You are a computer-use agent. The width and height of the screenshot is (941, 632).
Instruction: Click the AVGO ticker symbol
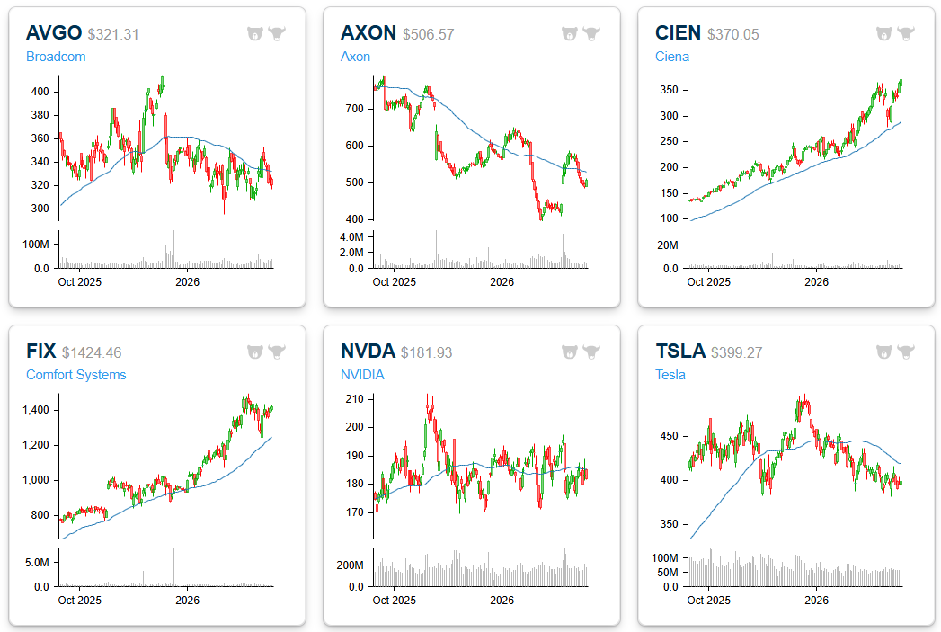click(54, 33)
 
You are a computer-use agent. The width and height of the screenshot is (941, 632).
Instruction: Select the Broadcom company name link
click(56, 57)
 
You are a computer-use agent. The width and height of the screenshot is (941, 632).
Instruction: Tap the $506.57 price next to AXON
click(428, 34)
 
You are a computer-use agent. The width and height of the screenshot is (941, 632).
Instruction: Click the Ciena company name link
click(672, 57)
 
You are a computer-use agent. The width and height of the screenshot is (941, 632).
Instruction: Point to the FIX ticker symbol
click(41, 352)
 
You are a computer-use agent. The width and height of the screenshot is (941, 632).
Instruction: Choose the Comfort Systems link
click(75, 375)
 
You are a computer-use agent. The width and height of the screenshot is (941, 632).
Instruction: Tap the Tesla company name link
click(670, 375)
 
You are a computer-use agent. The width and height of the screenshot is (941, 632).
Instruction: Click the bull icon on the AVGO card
click(277, 34)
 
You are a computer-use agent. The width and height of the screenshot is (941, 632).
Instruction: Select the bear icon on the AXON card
click(570, 34)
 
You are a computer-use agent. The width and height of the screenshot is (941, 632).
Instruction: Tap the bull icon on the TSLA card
click(906, 352)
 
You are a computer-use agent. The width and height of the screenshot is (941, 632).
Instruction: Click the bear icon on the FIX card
click(255, 352)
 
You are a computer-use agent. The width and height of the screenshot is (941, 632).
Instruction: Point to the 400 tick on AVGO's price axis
click(40, 92)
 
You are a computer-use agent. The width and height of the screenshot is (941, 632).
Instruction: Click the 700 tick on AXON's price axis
click(355, 109)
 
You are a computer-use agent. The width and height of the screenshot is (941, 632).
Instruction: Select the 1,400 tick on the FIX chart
click(36, 410)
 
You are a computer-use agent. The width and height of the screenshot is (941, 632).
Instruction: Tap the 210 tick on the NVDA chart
click(355, 399)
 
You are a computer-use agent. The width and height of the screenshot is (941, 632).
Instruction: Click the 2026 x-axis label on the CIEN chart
click(815, 281)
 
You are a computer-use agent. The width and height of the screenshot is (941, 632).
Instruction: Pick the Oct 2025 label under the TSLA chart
click(708, 600)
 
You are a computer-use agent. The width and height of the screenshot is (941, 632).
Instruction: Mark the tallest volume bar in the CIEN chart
click(857, 249)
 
